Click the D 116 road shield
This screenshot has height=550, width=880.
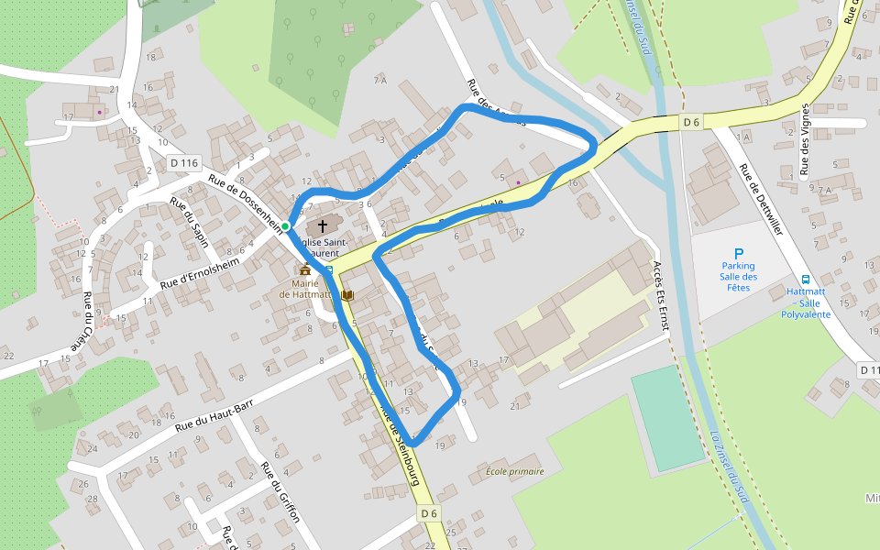click(184, 163)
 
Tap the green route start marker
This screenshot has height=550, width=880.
click(285, 225)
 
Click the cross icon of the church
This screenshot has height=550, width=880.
click(322, 225)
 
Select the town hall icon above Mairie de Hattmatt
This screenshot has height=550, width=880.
click(304, 269)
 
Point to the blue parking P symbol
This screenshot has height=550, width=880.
click(738, 253)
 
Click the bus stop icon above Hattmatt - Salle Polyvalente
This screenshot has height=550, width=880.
click(806, 280)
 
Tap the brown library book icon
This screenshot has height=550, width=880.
click(346, 295)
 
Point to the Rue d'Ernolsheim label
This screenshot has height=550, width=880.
click(199, 273)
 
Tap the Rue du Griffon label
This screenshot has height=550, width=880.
click(280, 491)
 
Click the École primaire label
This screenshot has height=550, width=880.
click(515, 471)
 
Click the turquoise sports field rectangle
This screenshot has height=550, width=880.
click(667, 418)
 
